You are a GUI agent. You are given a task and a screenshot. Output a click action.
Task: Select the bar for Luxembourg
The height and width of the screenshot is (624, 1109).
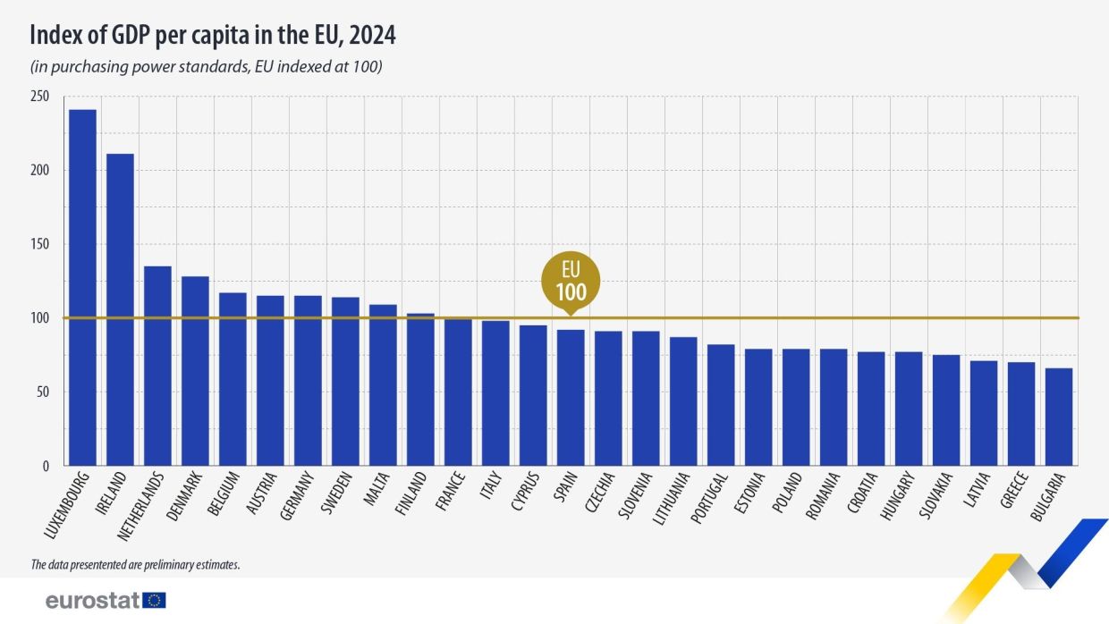click(x=82, y=287)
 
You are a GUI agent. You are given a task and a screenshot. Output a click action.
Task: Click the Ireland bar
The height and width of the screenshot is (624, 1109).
click(x=120, y=309)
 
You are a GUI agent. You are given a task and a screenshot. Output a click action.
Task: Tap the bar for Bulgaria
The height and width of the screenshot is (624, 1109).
click(x=1059, y=417)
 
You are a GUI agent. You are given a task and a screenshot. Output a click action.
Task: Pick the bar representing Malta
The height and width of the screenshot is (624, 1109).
click(x=383, y=384)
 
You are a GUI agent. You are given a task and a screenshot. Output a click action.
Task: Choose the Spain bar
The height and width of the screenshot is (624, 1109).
click(x=571, y=397)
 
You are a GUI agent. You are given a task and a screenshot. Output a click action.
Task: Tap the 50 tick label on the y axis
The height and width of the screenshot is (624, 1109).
click(x=42, y=392)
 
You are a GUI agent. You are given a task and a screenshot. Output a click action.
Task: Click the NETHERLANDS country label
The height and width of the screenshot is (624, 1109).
click(x=140, y=505)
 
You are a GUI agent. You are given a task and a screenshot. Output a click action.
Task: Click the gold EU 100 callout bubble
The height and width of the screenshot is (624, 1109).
click(x=571, y=282)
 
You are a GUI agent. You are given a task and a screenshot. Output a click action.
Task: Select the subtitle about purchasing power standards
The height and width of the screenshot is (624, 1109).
click(x=207, y=67)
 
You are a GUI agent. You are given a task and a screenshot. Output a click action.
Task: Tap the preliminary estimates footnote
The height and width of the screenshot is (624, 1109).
click(x=135, y=564)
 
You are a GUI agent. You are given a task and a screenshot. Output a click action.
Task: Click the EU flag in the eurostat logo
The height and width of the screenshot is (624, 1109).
click(x=154, y=600)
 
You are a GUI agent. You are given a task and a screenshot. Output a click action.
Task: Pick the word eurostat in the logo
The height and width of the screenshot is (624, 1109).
click(x=92, y=600)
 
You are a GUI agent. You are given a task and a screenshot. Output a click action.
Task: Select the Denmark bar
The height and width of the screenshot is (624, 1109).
click(x=195, y=371)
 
